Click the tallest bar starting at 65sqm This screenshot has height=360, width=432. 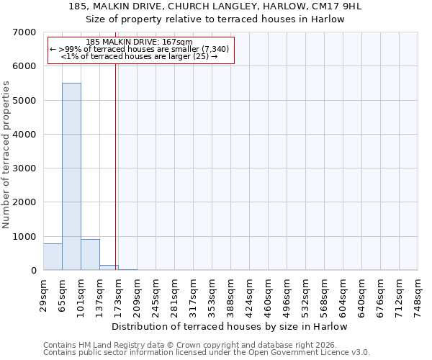[71, 176]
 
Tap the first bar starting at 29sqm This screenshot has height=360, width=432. [53, 257]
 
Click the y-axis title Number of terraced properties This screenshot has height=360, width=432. [7, 155]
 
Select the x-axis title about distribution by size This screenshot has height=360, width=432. [230, 326]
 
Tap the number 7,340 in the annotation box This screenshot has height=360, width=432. [215, 49]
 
